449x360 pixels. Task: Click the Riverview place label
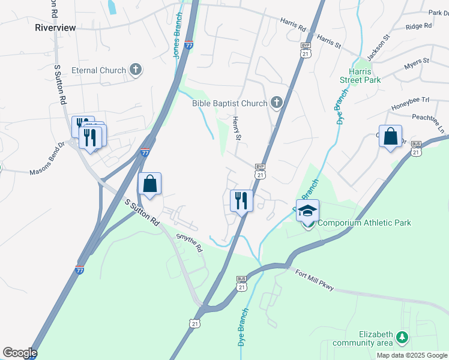click(x=55, y=28)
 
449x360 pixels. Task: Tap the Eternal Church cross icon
click(x=136, y=70)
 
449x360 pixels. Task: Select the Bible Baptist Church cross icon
click(x=276, y=103)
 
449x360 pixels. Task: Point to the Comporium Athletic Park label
click(x=364, y=223)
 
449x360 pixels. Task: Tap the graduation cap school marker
click(x=307, y=212)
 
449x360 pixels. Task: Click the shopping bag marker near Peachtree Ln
click(x=390, y=137)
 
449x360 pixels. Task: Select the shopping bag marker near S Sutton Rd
click(x=150, y=184)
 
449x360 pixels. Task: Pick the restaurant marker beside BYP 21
click(x=241, y=200)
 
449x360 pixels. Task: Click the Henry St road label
click(x=237, y=129)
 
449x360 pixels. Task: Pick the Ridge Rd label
click(x=418, y=26)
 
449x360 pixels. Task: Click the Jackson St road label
click(x=378, y=47)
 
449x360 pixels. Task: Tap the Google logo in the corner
click(x=20, y=353)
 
